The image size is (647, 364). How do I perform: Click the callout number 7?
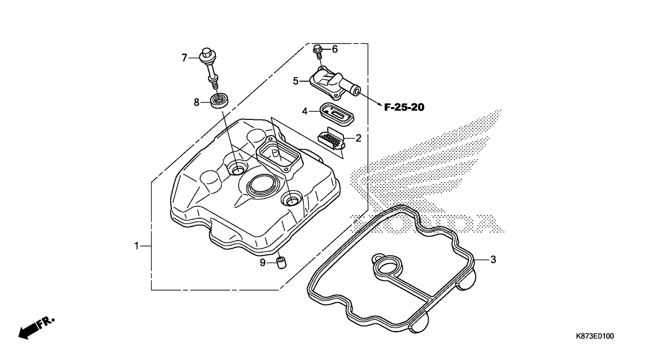point(184,58)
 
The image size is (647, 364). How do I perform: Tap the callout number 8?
point(197,102)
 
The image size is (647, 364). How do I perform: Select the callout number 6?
point(335,49)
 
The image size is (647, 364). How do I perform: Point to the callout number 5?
point(296,81)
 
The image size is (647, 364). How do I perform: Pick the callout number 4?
point(305,111)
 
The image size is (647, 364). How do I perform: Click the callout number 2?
point(359,138)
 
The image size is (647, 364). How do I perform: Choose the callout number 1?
point(136,246)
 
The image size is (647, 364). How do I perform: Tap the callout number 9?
point(262,263)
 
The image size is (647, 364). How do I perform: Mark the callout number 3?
point(494,260)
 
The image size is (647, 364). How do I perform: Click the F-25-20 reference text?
point(404,108)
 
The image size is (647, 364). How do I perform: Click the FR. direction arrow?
point(36,328)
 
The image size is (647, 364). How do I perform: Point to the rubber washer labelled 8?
point(220,100)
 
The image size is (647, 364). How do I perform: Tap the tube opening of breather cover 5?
point(357,91)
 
